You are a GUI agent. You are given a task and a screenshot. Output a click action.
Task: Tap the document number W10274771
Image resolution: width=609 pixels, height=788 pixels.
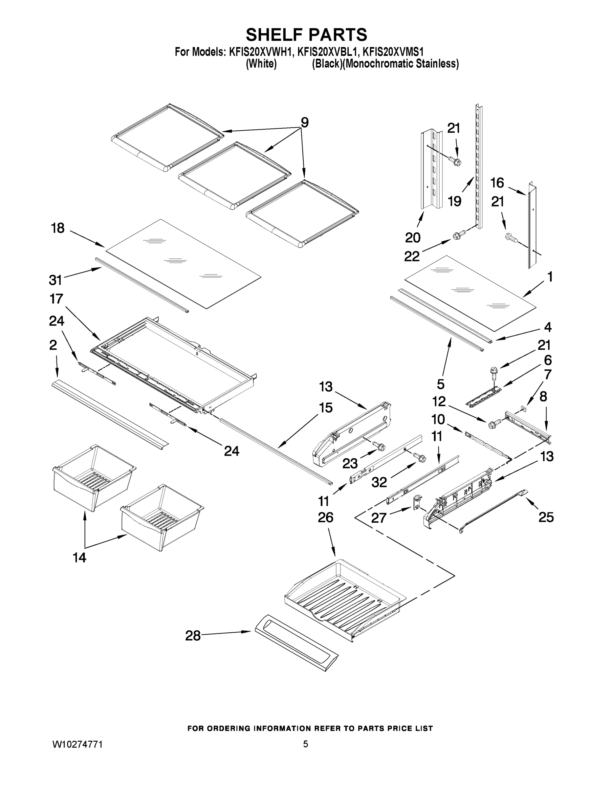pyautogui.click(x=77, y=744)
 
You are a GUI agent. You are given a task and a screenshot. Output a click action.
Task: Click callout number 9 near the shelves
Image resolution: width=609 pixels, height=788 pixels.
pyautogui.click(x=305, y=123)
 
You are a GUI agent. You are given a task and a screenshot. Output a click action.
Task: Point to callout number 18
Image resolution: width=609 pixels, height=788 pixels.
pyautogui.click(x=58, y=228)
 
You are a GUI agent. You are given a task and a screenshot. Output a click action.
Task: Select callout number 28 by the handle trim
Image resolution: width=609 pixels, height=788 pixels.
pyautogui.click(x=193, y=635)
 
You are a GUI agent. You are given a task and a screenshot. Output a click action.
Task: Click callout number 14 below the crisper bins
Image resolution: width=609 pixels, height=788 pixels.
pyautogui.click(x=79, y=558)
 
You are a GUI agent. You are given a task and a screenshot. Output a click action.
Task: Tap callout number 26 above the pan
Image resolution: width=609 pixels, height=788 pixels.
pyautogui.click(x=325, y=518)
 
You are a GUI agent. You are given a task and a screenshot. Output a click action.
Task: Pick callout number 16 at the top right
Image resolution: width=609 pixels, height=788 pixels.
pyautogui.click(x=497, y=183)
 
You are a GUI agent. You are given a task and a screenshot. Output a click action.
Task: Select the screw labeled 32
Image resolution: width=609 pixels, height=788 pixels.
pyautogui.click(x=420, y=457)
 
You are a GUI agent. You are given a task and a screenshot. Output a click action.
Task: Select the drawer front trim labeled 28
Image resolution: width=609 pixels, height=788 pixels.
pyautogui.click(x=296, y=647)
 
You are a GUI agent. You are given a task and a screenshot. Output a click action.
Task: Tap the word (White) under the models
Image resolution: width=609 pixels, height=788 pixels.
pyautogui.click(x=261, y=64)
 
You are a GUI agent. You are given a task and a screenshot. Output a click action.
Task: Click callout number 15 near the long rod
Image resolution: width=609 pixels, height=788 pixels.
pyautogui.click(x=325, y=408)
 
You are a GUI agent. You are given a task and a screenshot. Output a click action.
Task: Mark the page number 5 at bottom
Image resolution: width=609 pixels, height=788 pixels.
pyautogui.click(x=305, y=744)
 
